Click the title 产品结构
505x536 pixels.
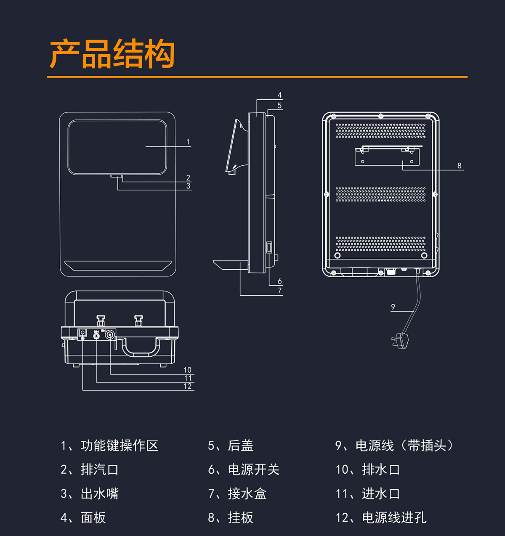click(112, 54)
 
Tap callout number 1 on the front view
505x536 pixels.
click(188, 142)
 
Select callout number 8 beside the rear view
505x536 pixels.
click(460, 166)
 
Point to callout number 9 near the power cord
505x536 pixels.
click(393, 307)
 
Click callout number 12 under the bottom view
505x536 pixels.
click(188, 386)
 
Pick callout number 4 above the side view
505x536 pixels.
click(279, 95)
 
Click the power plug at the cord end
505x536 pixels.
click(401, 340)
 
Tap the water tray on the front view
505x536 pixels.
click(118, 265)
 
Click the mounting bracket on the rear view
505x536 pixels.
click(387, 156)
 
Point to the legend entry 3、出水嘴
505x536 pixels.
click(90, 494)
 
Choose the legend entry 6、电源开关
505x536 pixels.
click(244, 470)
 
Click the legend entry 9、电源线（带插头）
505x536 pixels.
click(394, 446)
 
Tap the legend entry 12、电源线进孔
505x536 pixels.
click(381, 517)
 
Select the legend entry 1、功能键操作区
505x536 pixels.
click(109, 446)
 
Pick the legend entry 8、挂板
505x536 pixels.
click(231, 517)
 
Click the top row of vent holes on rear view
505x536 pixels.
click(380, 130)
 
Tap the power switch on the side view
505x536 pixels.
click(269, 247)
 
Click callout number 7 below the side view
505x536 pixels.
click(280, 290)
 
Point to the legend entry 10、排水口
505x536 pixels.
click(367, 470)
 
